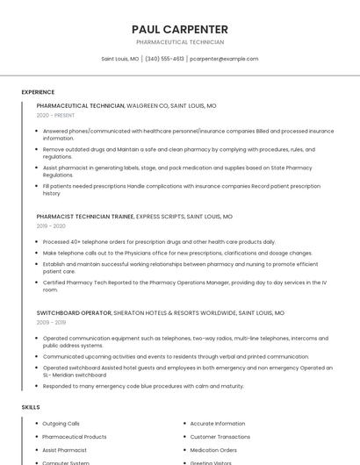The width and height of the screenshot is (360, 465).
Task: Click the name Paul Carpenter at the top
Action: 180,29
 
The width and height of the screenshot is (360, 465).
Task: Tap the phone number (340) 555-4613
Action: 164,59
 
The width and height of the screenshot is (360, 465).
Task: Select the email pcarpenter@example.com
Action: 224,59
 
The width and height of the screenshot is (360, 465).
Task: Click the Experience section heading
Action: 38,91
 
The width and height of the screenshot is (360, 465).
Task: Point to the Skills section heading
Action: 31,407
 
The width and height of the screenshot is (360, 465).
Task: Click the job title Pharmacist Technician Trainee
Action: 85,216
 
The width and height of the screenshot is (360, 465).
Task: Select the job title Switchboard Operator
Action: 74,312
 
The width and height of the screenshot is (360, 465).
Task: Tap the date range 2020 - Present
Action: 55,115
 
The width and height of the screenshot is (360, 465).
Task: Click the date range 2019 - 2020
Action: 51,225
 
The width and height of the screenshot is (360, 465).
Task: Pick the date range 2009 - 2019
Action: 51,322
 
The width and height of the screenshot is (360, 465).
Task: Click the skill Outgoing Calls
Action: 61,424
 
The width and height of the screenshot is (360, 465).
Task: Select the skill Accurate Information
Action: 218,424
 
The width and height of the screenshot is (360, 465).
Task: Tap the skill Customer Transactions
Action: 220,436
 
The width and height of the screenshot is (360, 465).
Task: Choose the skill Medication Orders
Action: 213,449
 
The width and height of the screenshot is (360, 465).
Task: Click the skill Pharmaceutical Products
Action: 75,436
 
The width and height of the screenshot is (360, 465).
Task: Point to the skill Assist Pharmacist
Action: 65,449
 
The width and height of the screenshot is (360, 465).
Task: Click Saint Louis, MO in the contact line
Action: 119,59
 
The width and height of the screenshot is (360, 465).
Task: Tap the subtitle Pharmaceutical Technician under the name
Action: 180,42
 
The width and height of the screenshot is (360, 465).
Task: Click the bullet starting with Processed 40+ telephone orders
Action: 159,241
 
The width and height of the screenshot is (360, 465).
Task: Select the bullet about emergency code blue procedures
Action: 143,386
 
